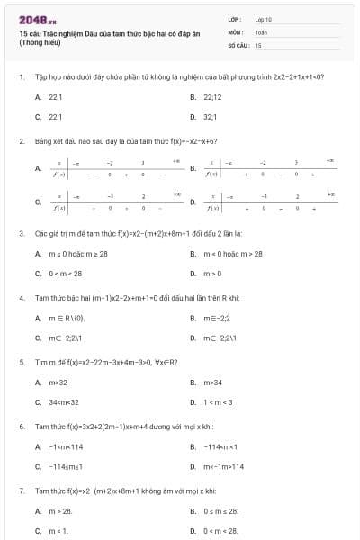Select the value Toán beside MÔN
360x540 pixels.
click(261, 31)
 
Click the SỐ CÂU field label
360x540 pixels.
click(238, 44)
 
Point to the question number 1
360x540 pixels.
click(21, 76)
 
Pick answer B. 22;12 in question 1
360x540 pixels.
click(211, 96)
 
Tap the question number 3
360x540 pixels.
click(21, 233)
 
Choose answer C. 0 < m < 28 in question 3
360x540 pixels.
click(63, 274)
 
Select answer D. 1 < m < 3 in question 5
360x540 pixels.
click(216, 402)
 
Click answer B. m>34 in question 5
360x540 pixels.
click(212, 382)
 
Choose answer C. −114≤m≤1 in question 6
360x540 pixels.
click(64, 466)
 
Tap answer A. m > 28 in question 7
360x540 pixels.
click(59, 510)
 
